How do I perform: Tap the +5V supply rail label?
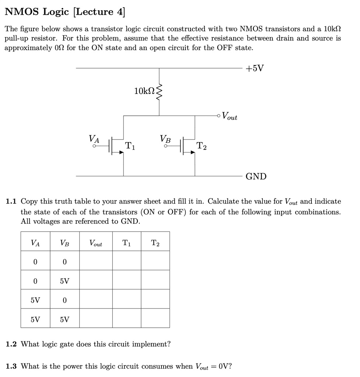click(x=255, y=69)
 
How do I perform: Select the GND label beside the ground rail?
click(x=256, y=176)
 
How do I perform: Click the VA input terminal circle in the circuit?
click(x=94, y=146)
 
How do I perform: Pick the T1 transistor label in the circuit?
click(x=130, y=145)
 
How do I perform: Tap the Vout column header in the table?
click(x=96, y=243)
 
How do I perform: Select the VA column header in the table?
click(x=35, y=243)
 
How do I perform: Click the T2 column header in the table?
click(x=155, y=243)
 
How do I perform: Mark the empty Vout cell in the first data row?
click(x=96, y=262)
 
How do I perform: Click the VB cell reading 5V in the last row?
click(x=64, y=319)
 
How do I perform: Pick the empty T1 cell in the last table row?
click(x=126, y=319)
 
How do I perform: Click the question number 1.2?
click(x=12, y=344)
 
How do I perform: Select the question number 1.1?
click(x=12, y=201)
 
